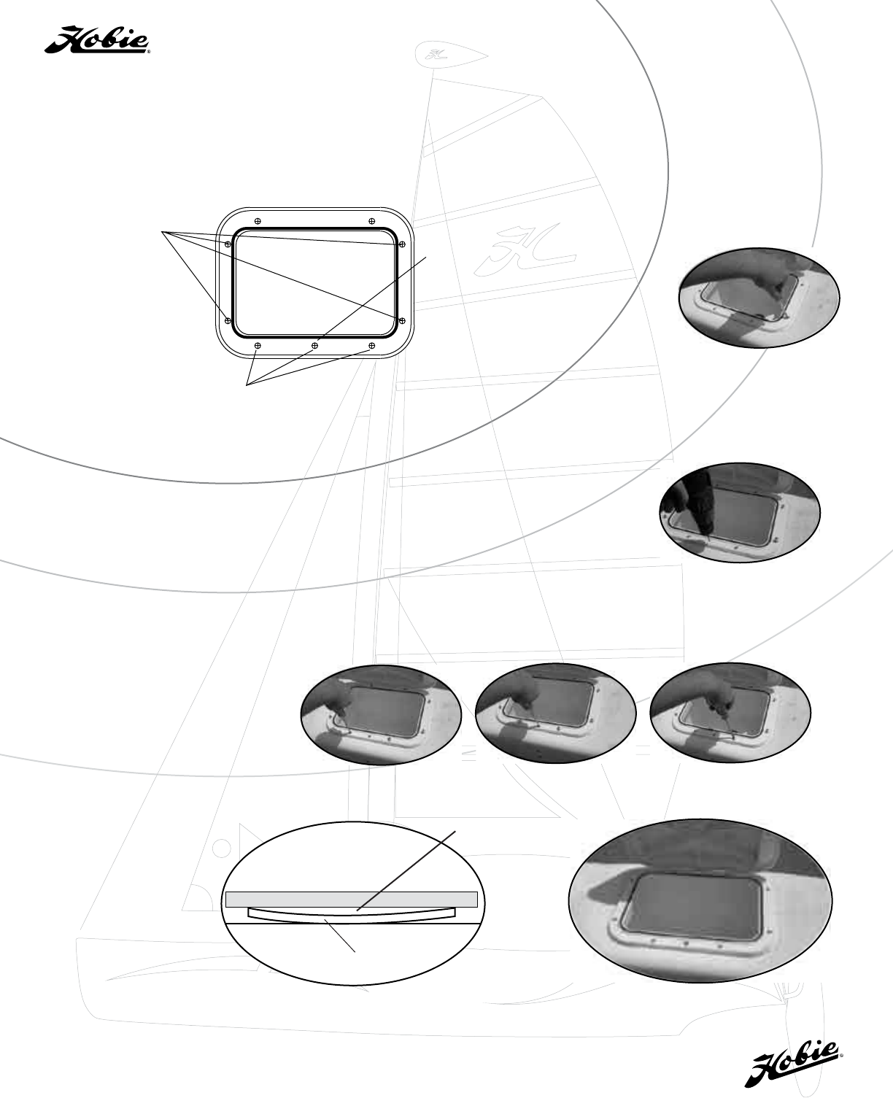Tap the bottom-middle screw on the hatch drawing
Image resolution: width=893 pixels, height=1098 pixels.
click(314, 345)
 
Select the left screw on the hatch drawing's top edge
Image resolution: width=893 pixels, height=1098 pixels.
click(258, 221)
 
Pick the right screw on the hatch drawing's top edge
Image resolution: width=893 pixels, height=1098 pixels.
click(372, 221)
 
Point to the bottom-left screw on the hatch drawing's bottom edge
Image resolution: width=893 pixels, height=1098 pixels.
click(258, 345)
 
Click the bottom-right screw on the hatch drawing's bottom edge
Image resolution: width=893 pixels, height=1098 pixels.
click(372, 345)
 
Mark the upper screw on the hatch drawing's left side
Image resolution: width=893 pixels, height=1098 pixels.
click(228, 244)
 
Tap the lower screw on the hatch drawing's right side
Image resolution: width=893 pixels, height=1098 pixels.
click(403, 320)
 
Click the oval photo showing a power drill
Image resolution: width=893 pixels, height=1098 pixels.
click(740, 512)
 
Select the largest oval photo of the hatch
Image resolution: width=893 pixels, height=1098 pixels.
click(700, 908)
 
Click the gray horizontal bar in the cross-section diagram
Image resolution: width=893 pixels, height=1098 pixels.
click(352, 899)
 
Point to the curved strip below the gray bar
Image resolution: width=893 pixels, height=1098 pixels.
click(352, 914)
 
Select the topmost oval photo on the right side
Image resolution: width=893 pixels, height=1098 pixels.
click(759, 298)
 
